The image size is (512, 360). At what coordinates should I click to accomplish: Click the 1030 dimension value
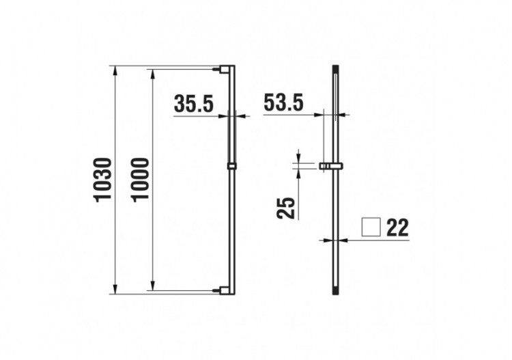pyautogui.click(x=102, y=179)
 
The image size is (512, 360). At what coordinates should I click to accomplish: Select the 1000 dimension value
pyautogui.click(x=139, y=179)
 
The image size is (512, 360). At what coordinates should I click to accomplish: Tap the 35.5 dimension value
pyautogui.click(x=194, y=105)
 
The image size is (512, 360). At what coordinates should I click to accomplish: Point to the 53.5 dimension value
pyautogui.click(x=283, y=105)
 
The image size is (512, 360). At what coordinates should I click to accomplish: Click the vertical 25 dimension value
pyautogui.click(x=288, y=207)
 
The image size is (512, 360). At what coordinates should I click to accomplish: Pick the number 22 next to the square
pyautogui.click(x=397, y=227)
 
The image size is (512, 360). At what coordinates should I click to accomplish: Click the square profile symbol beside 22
pyautogui.click(x=371, y=227)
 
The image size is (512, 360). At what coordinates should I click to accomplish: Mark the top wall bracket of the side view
pyautogui.click(x=223, y=68)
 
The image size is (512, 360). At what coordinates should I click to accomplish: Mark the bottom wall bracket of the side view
pyautogui.click(x=223, y=290)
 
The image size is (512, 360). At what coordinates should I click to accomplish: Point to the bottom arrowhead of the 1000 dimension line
pyautogui.click(x=152, y=287)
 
